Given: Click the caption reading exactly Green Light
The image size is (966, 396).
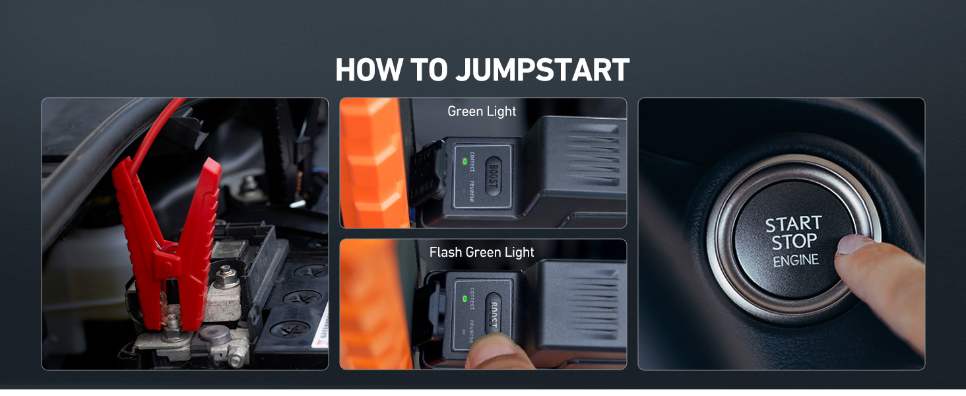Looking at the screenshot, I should [x=482, y=112].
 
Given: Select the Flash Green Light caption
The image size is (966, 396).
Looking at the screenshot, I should [x=482, y=252].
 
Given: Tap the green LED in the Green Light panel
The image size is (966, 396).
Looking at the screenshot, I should [x=465, y=161].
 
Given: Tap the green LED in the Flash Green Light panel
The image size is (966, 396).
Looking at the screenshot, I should [x=465, y=298].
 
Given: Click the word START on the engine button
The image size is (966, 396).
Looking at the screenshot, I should [x=793, y=224].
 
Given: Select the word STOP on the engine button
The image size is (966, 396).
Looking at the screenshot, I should [x=794, y=242].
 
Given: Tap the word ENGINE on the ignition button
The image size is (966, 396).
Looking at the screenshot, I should [x=796, y=260].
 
